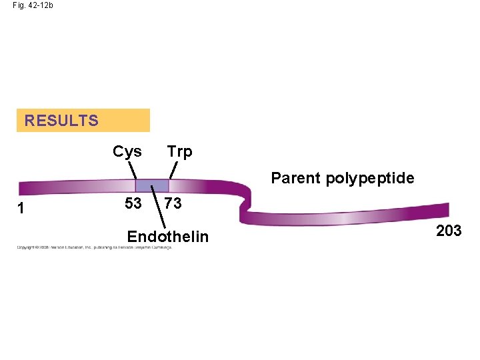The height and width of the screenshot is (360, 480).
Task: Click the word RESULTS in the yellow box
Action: click(61, 121)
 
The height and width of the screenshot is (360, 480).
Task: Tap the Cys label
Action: click(127, 151)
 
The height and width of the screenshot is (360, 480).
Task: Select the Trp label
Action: click(179, 151)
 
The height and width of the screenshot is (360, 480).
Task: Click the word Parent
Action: click(296, 178)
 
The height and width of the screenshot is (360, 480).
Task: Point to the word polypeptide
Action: click(370, 179)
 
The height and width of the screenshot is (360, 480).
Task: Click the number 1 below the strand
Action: click(21, 208)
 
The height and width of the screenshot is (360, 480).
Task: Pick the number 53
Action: click(133, 203)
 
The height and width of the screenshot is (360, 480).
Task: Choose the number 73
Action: click(173, 203)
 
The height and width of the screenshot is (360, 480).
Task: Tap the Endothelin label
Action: click(168, 237)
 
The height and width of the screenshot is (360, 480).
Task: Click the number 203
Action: click(448, 231)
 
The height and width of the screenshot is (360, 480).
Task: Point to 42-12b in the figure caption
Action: click(41, 5)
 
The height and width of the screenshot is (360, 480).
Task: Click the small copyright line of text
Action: click(94, 247)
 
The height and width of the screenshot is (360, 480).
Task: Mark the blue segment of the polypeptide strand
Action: click(152, 186)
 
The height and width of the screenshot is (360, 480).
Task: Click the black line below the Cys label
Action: click(133, 171)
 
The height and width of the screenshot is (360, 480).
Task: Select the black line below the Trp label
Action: click(173, 170)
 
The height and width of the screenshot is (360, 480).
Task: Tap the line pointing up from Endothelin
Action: click(159, 207)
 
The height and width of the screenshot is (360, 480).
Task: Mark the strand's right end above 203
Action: click(444, 210)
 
